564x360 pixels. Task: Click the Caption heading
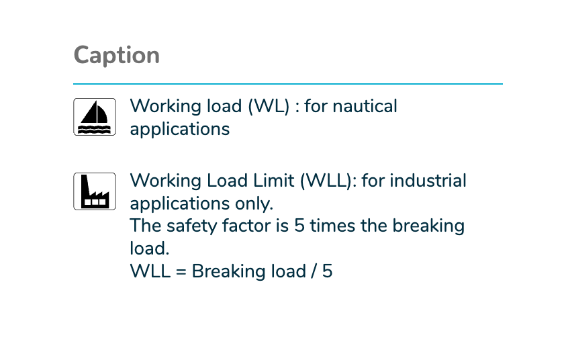[x=117, y=56]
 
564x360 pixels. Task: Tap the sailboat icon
[x=95, y=117]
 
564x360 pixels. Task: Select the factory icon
[x=95, y=191]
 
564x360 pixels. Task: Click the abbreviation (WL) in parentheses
[x=269, y=106]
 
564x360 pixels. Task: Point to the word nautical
[x=365, y=106]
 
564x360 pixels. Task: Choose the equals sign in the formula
[x=181, y=271]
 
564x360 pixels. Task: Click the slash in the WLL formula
[x=314, y=271]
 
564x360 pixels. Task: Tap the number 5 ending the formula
[x=328, y=271]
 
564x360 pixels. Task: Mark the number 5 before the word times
[x=299, y=226]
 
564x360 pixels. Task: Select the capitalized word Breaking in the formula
[x=249, y=271]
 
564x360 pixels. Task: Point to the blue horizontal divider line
[x=288, y=84]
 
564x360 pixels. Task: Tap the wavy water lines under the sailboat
[x=95, y=130]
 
